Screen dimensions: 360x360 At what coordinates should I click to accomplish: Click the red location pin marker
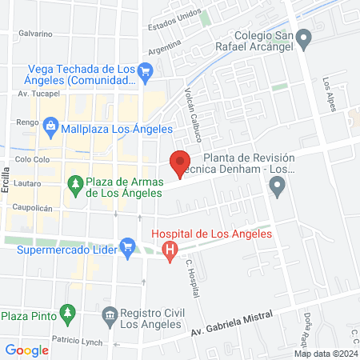click(180, 163)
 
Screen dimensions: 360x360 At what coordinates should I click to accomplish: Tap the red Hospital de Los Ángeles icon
click(170, 250)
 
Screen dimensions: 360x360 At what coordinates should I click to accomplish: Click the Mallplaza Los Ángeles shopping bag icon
click(51, 126)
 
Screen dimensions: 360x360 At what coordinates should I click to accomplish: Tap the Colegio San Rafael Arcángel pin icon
click(303, 37)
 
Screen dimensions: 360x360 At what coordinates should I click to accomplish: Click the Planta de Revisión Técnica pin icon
click(278, 189)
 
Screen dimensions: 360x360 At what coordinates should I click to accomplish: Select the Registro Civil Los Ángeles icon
click(110, 318)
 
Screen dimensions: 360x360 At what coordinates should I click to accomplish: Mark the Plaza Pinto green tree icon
click(68, 311)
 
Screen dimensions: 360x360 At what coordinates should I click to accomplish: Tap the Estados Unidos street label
click(174, 22)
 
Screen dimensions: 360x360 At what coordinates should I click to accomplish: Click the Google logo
click(26, 350)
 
